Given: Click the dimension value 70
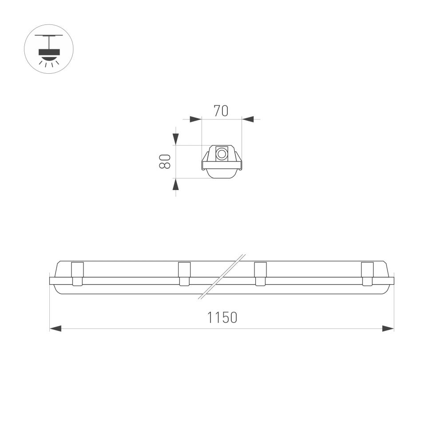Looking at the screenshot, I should click(x=221, y=111).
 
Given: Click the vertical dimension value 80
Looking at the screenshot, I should click(x=164, y=161).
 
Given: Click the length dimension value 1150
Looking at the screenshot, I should click(x=222, y=318).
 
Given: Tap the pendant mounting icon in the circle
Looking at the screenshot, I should click(x=49, y=49).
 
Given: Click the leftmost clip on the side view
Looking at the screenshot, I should click(x=77, y=274).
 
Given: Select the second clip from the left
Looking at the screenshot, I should click(x=184, y=274).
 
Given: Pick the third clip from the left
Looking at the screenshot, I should click(x=260, y=274).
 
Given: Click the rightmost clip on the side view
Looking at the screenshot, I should click(x=367, y=274).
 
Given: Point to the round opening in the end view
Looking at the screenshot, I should click(x=221, y=155).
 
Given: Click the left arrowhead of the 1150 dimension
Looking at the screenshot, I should click(x=55, y=329).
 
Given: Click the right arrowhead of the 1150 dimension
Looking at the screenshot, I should click(x=388, y=329).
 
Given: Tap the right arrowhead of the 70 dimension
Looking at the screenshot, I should click(x=248, y=119).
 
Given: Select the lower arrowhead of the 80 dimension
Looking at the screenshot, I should click(x=176, y=184).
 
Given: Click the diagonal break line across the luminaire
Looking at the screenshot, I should click(x=222, y=276).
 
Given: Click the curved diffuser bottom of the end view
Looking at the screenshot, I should click(x=222, y=174).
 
